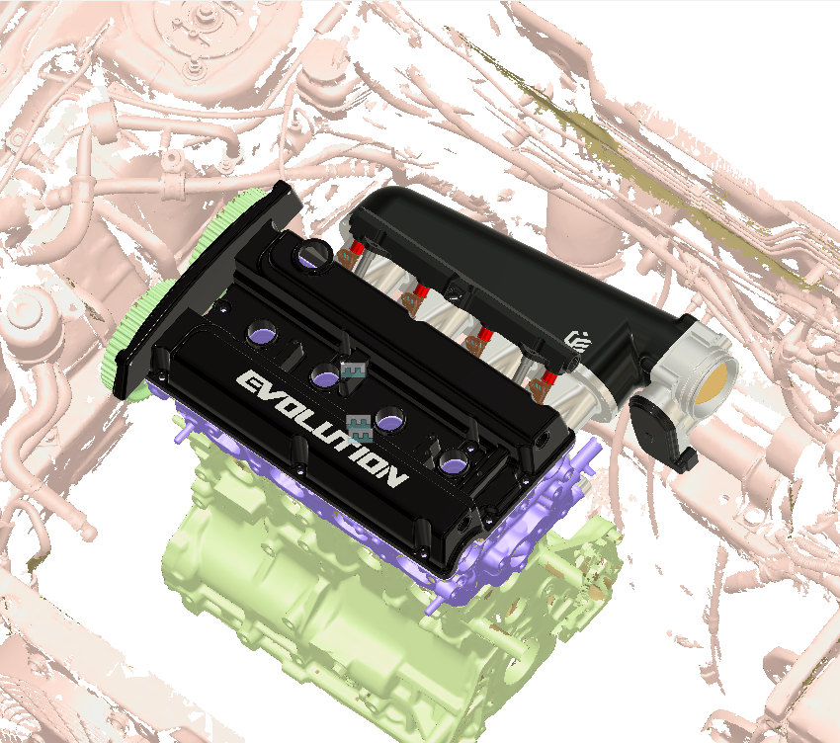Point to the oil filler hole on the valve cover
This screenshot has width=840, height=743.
314,255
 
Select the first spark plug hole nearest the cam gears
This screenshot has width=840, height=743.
265,328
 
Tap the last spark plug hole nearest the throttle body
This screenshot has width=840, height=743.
454,460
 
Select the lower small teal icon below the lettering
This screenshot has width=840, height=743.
361,427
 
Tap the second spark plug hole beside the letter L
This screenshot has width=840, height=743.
325,374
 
